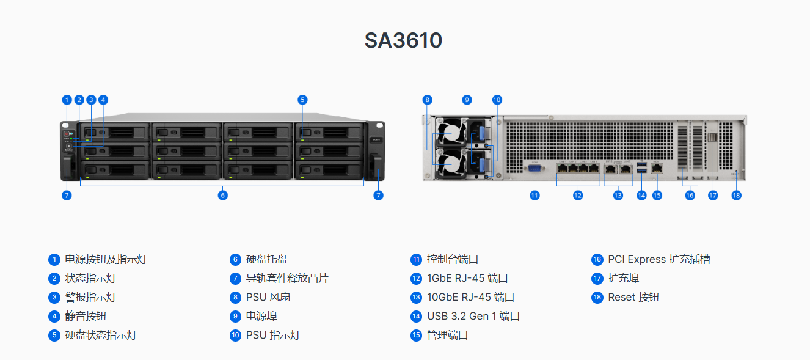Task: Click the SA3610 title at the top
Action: click(403, 40)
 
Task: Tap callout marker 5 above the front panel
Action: click(302, 100)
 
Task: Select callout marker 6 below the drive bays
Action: click(223, 196)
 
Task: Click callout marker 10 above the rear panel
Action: click(497, 100)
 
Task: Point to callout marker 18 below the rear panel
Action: click(736, 196)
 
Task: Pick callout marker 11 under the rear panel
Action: click(535, 196)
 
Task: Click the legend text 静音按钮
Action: click(86, 316)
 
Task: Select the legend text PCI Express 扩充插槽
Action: click(659, 259)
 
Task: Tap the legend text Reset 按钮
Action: click(633, 298)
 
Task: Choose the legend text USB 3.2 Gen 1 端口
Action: click(473, 316)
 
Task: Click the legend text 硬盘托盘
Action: click(267, 259)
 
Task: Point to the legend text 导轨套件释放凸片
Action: click(288, 278)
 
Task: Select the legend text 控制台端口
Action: click(453, 259)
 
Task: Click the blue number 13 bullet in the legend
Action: click(416, 298)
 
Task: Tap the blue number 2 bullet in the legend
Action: click(54, 278)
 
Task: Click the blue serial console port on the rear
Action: click(535, 168)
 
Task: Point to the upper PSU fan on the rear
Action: click(450, 133)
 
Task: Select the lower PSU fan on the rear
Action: click(450, 164)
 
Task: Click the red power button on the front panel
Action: click(67, 133)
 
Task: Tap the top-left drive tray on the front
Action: click(115, 133)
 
